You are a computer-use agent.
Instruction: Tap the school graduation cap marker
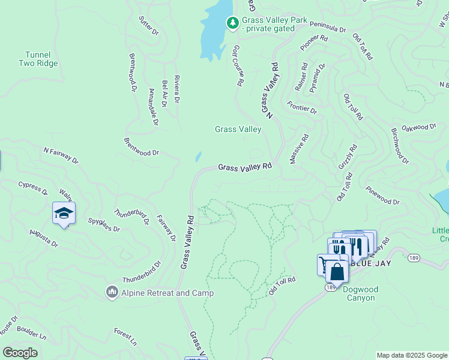[x=64, y=213]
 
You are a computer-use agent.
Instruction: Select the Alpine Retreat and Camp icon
[x=112, y=292]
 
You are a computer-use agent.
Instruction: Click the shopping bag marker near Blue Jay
[x=337, y=272]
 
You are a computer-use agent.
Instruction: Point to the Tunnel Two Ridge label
[x=38, y=59]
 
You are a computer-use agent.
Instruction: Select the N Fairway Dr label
[x=61, y=155]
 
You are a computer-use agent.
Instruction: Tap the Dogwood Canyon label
[x=360, y=293]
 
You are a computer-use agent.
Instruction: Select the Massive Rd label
[x=299, y=149]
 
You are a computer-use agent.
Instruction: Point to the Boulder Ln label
[x=31, y=333]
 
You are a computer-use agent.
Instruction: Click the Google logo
[x=20, y=353]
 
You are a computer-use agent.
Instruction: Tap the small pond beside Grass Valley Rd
[x=198, y=157]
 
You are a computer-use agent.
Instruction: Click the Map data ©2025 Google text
[x=412, y=355]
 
